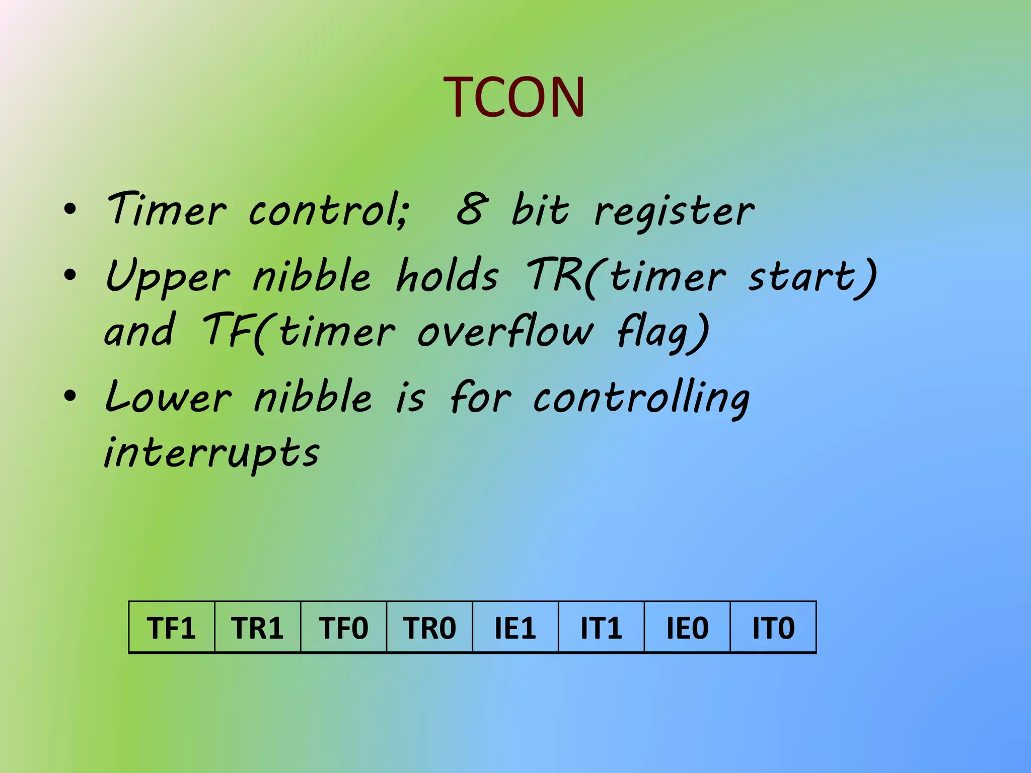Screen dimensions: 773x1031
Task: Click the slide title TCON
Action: click(x=514, y=97)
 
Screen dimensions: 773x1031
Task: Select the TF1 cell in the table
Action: click(x=172, y=628)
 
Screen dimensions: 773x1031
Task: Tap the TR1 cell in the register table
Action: click(x=258, y=628)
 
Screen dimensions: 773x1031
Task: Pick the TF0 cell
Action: click(x=343, y=628)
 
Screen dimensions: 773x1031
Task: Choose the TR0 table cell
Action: click(x=429, y=628)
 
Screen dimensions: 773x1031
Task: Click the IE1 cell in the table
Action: click(x=515, y=628)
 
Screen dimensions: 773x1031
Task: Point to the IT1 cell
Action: click(x=601, y=628)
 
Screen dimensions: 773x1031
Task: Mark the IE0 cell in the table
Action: click(x=687, y=628)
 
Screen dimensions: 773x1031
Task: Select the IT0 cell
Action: click(x=773, y=628)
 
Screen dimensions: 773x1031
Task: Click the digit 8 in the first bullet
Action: click(x=472, y=209)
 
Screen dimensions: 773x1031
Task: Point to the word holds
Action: click(x=447, y=275)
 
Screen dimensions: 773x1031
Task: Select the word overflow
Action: click(x=505, y=332)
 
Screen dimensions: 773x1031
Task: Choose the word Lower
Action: click(x=168, y=397)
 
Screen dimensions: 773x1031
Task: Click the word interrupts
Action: click(x=211, y=451)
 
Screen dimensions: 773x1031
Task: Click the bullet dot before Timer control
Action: click(x=70, y=209)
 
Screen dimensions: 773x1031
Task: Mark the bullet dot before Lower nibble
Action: click(x=70, y=396)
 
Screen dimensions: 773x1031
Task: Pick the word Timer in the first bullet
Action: click(x=167, y=209)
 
